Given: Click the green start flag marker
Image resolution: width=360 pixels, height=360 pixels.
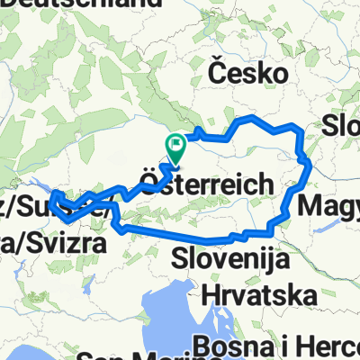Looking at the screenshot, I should tap(175, 143).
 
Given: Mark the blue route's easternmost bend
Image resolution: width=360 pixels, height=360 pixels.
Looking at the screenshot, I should tap(308, 164).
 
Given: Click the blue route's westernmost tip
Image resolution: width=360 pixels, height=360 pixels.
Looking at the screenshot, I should tap(51, 194).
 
